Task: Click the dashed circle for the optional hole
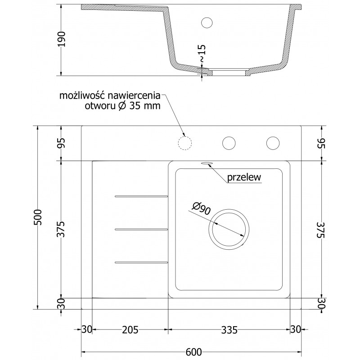[185, 143]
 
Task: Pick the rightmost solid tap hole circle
[273, 143]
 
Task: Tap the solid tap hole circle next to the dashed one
[229, 143]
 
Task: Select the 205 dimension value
[130, 330]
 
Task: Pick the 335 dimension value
[229, 330]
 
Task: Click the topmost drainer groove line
[142, 196]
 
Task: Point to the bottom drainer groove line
[142, 262]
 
